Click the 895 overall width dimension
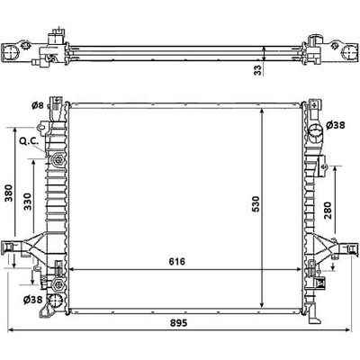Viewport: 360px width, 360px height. (x=179, y=323)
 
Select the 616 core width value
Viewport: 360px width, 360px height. (x=177, y=262)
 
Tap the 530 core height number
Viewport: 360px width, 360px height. (x=256, y=203)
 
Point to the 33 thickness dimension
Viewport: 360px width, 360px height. (x=258, y=70)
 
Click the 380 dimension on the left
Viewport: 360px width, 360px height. (x=9, y=193)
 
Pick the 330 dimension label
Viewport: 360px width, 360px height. (x=28, y=202)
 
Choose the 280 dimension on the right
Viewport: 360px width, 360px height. (x=328, y=210)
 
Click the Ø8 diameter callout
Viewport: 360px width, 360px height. (x=38, y=105)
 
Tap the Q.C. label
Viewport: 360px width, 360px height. (x=29, y=141)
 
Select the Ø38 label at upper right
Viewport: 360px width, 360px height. (x=336, y=125)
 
